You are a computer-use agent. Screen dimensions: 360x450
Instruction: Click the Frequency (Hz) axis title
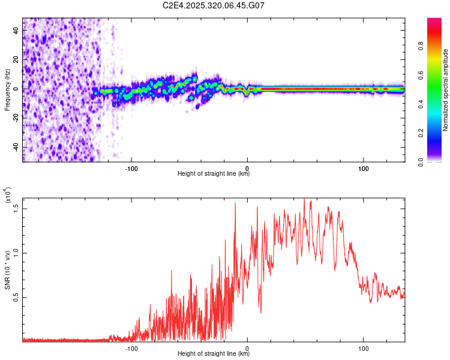[x=7, y=89]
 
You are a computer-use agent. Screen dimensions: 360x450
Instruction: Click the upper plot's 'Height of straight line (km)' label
[x=214, y=174]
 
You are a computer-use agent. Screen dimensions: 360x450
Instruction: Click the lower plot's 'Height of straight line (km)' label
[x=214, y=354]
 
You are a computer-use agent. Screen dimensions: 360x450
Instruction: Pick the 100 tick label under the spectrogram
[x=363, y=168]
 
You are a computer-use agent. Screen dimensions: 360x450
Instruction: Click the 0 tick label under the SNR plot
[x=247, y=347]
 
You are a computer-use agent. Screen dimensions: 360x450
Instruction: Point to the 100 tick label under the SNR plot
[x=363, y=347]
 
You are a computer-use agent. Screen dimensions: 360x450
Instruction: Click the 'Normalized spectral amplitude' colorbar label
[x=446, y=90]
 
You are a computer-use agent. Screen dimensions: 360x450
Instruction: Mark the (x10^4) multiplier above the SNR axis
[x=8, y=195]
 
